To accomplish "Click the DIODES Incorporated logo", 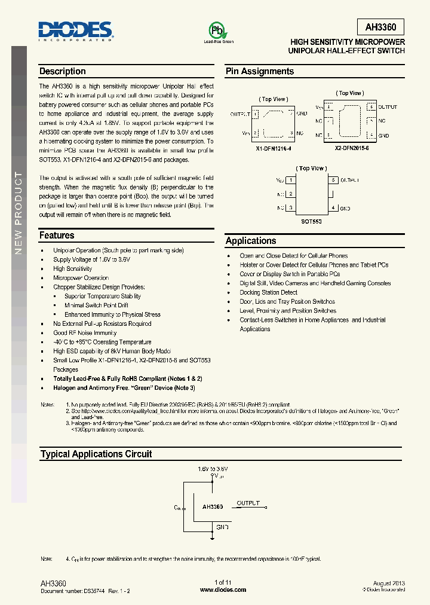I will point(75,30).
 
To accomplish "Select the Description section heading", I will point(62,71).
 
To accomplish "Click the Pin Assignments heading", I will point(259,71).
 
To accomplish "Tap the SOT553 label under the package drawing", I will point(311,221).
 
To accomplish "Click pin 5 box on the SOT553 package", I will point(334,180).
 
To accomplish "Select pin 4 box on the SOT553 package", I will point(334,208).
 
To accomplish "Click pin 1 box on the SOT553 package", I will point(290,180).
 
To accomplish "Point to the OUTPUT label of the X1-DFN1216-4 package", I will point(240,114).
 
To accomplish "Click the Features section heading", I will point(57,236).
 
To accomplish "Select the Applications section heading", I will point(251,241).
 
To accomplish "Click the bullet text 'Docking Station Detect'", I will point(268,292).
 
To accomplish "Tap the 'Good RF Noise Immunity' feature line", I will point(85,333).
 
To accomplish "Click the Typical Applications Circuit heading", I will point(96,454).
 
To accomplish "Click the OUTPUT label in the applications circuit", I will point(248,503).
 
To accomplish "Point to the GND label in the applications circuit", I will point(222,527).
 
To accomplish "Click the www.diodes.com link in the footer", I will point(223,589).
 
